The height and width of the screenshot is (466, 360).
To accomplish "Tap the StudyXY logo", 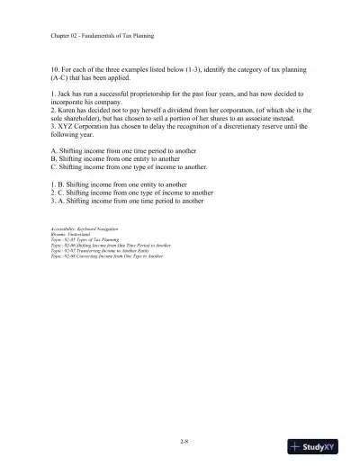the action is (x=319, y=446).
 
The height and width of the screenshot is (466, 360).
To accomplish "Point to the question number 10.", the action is (x=56, y=68).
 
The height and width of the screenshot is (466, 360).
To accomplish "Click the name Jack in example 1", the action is (x=67, y=93).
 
